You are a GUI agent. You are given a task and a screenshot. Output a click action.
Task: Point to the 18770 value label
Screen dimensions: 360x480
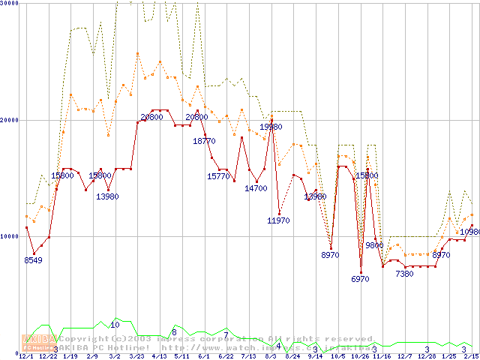pos(204,140)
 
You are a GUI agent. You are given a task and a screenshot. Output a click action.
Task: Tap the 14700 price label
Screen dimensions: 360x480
pos(256,188)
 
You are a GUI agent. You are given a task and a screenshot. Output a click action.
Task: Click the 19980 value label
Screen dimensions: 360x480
pos(271,127)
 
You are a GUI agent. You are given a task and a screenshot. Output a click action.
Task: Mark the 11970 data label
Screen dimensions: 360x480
pos(279,220)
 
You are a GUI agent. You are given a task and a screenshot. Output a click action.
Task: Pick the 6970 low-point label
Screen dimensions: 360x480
pos(361,278)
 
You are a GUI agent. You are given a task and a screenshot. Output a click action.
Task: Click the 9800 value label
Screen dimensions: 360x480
pos(374,245)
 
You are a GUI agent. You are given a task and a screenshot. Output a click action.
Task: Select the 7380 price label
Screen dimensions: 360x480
pos(404,274)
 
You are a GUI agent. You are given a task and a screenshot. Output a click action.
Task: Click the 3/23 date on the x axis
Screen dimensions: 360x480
pos(136,356)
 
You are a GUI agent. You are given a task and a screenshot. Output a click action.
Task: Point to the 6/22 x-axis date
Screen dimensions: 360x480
pos(226,356)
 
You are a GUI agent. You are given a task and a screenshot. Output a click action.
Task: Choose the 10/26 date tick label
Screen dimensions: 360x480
pos(360,356)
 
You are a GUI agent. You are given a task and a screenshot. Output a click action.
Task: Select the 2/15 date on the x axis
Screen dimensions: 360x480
pos(470,356)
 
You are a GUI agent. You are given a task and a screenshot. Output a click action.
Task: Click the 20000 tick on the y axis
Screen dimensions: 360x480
pos(10,120)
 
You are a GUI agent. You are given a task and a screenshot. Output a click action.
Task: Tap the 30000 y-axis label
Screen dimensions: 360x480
pos(10,4)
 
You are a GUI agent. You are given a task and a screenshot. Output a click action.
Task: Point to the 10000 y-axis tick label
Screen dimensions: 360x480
pos(10,236)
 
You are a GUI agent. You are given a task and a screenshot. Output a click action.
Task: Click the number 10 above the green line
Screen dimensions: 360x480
pos(115,325)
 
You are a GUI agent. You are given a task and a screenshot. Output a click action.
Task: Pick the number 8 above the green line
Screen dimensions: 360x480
pos(174,331)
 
